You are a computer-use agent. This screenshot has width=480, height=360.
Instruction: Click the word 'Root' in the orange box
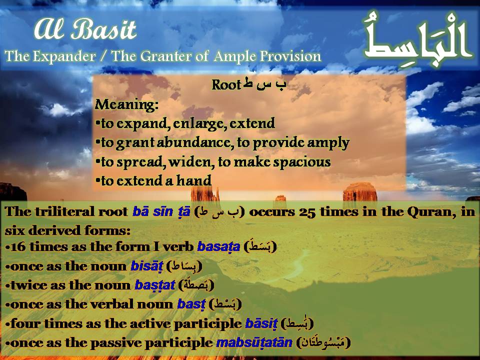[x=226, y=85]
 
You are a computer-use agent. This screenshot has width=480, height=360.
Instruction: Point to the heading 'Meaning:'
[x=126, y=105]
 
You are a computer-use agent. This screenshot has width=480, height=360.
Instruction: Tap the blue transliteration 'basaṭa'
[x=218, y=247]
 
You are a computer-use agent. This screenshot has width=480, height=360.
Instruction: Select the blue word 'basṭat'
[x=155, y=285]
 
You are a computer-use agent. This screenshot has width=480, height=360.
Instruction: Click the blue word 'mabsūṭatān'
[x=254, y=343]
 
